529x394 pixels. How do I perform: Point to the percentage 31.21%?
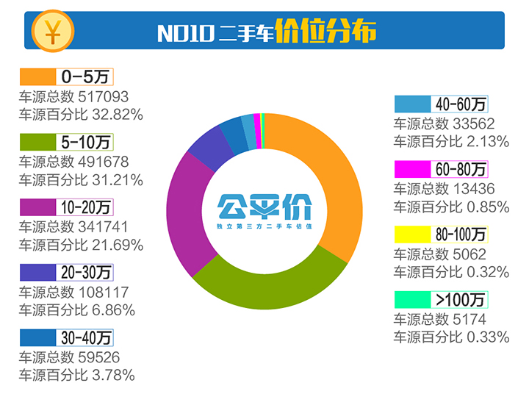pos(116,180)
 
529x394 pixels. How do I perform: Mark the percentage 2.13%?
pos(486,142)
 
